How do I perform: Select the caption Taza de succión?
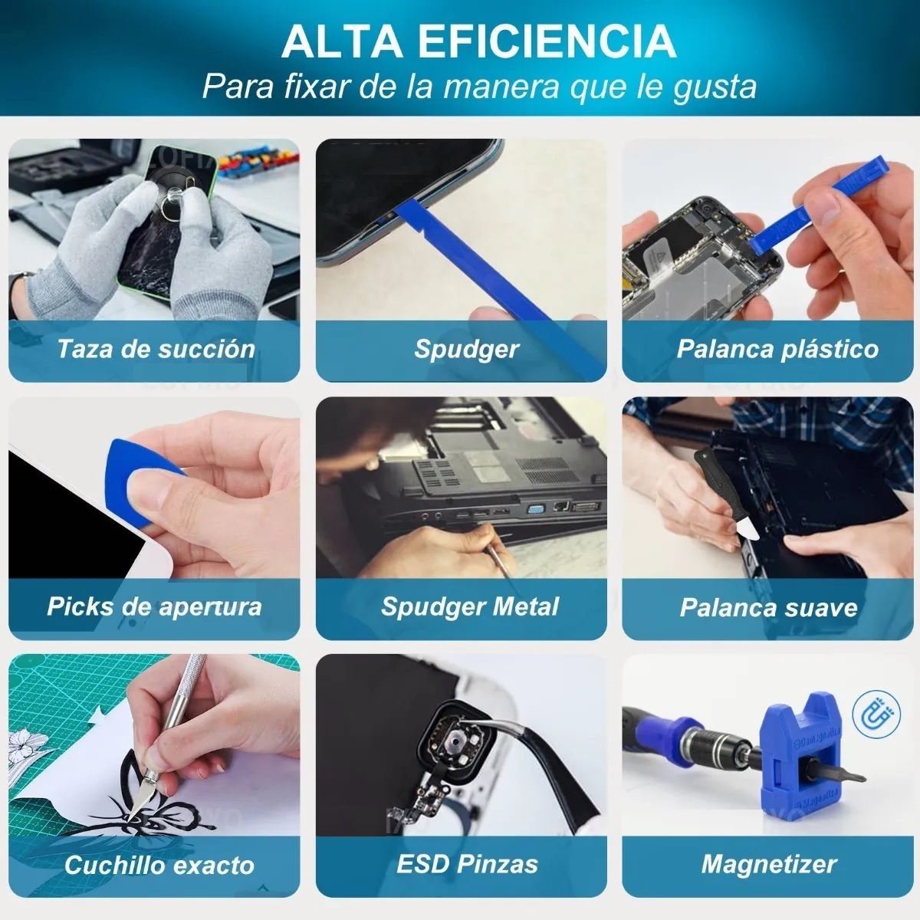pyautogui.click(x=156, y=349)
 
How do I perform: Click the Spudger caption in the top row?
pyautogui.click(x=466, y=349)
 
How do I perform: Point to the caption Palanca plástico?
pyautogui.click(x=777, y=349)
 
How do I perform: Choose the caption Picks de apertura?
pyautogui.click(x=154, y=606)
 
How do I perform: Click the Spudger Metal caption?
pyautogui.click(x=469, y=606)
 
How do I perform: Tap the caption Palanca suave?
pyautogui.click(x=768, y=608)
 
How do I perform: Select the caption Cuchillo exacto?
pyautogui.click(x=159, y=865)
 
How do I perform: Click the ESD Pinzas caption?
pyautogui.click(x=467, y=864)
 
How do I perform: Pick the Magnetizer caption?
pyautogui.click(x=768, y=865)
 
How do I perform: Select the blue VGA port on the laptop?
pyautogui.click(x=537, y=508)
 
